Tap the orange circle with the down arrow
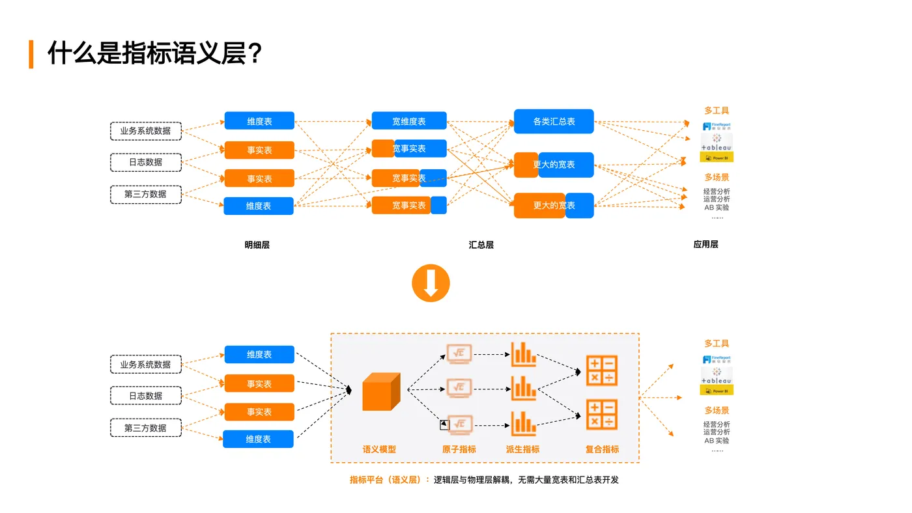[431, 283]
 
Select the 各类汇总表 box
[554, 121]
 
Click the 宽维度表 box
[409, 121]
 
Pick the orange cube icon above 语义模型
[380, 392]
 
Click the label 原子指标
[459, 449]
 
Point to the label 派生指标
[522, 449]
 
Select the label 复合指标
[602, 449]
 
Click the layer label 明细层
[257, 245]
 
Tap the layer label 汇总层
[481, 245]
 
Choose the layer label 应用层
[705, 244]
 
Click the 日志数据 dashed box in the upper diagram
[145, 162]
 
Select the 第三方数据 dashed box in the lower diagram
[145, 428]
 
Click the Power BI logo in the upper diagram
[717, 158]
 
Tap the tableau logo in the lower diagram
[717, 376]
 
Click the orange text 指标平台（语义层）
[389, 480]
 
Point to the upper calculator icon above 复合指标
[601, 370]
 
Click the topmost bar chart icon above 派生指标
[523, 354]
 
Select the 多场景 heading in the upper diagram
[717, 177]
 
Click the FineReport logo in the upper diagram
[717, 126]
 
